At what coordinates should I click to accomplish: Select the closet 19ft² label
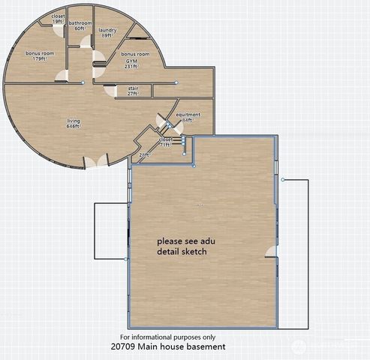(x=57, y=18)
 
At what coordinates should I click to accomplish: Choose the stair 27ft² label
(x=132, y=91)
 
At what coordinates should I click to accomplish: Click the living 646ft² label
(x=73, y=124)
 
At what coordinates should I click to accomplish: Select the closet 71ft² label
(x=165, y=142)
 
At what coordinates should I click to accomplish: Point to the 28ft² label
(x=145, y=154)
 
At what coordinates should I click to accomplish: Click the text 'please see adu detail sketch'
(x=182, y=247)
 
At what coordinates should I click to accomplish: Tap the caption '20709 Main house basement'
(x=167, y=347)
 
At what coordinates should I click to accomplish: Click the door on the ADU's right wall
(x=271, y=251)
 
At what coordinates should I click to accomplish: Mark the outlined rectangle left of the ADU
(x=110, y=231)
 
